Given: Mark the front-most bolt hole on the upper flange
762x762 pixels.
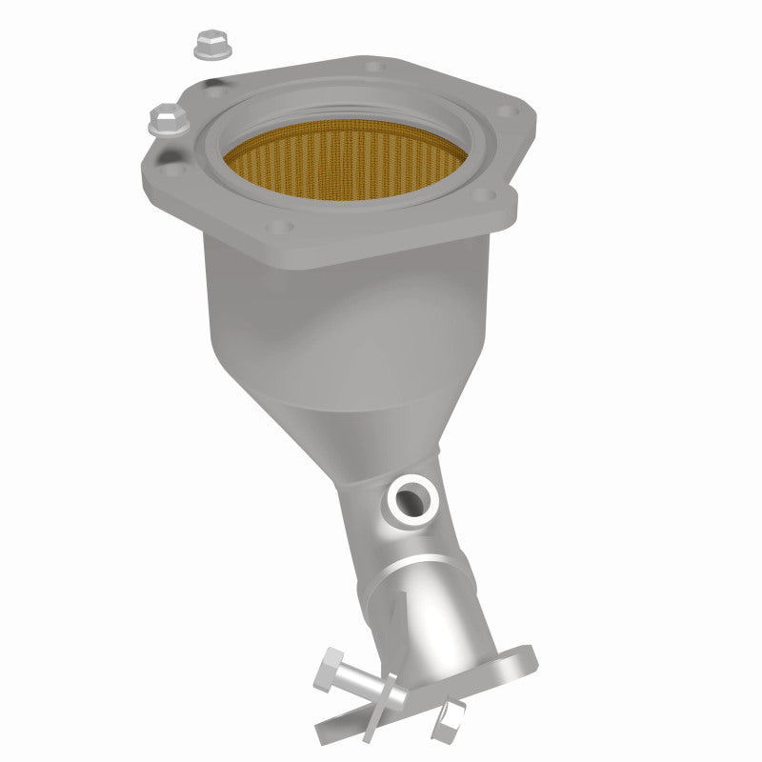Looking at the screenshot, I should coord(277,228).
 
